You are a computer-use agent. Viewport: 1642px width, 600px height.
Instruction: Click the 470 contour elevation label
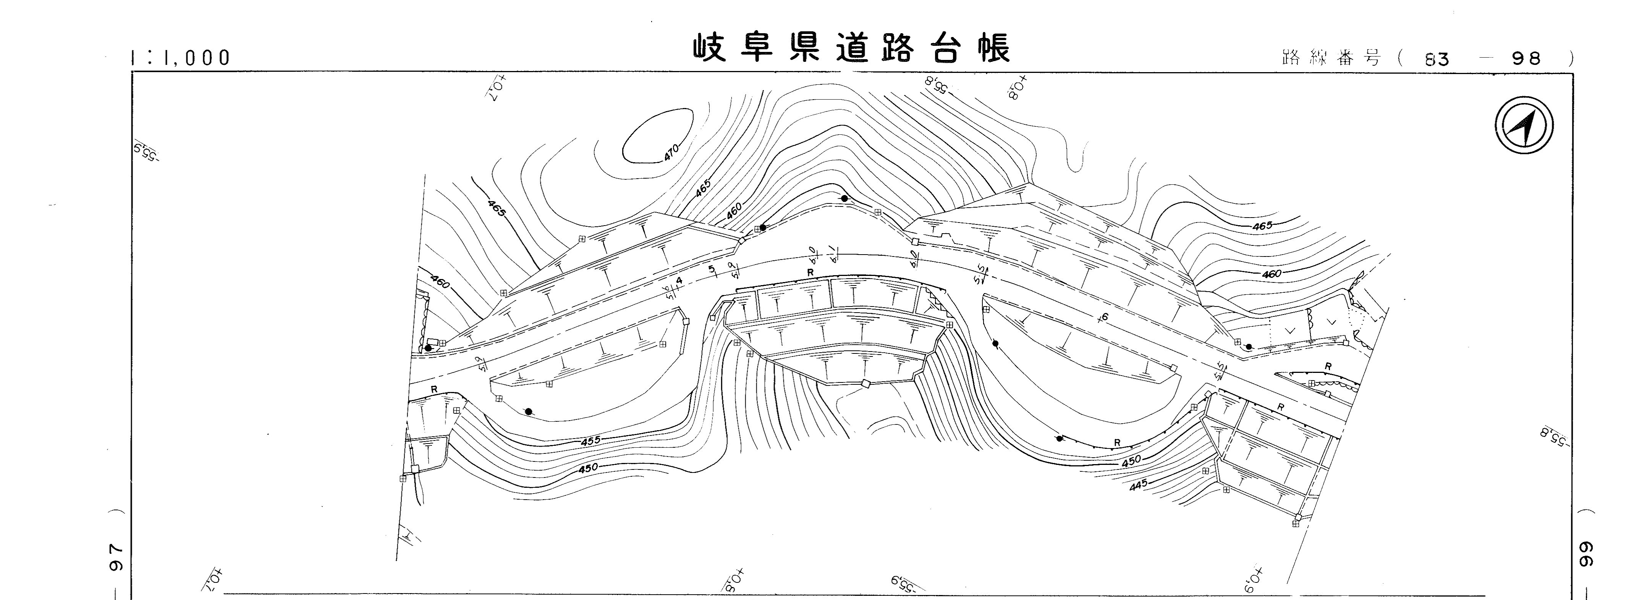pos(671,152)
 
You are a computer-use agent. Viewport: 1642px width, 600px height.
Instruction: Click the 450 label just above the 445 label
pos(1131,461)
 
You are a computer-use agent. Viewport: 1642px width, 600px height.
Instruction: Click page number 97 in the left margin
pos(116,557)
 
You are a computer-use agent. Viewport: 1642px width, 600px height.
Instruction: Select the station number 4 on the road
pos(679,280)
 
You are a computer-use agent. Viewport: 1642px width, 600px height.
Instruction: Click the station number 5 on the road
pos(712,269)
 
